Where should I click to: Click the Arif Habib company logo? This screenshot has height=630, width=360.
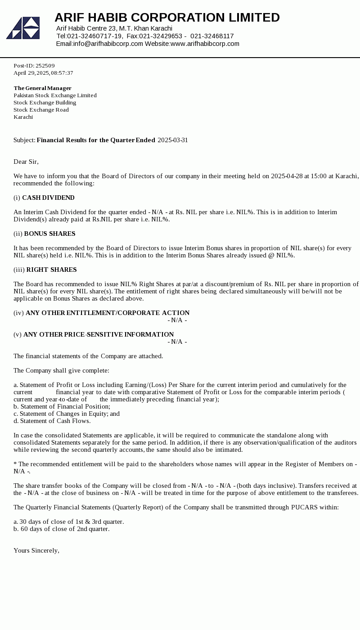click(x=23, y=28)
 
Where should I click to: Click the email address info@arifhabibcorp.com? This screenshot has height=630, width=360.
click(x=108, y=44)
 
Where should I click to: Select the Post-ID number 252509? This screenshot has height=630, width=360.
click(x=45, y=66)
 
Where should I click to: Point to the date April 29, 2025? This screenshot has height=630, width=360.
click(x=31, y=73)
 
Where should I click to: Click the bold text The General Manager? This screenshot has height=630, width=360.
click(x=42, y=88)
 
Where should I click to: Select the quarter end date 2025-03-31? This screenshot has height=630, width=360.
click(x=173, y=140)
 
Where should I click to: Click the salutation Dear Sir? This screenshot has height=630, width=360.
click(x=26, y=162)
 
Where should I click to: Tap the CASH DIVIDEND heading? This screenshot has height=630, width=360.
click(x=48, y=198)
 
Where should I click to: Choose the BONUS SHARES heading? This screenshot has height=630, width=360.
click(x=49, y=234)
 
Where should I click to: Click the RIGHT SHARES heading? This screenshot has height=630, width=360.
click(x=51, y=270)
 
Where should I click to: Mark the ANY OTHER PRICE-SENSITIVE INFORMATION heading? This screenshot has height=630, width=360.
click(x=99, y=334)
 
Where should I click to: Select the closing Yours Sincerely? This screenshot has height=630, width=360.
click(x=36, y=550)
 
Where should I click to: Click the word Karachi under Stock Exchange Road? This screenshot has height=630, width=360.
click(x=23, y=117)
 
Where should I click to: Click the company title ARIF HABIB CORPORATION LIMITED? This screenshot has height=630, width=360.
click(x=167, y=18)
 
